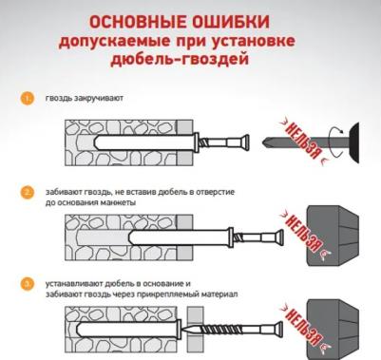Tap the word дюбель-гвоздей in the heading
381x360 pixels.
(x=180, y=59)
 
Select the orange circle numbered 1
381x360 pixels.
(x=28, y=98)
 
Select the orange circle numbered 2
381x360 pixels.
(x=28, y=193)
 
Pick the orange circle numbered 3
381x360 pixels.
(x=28, y=284)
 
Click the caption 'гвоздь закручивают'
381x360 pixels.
(x=85, y=98)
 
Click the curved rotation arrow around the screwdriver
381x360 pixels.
(x=335, y=142)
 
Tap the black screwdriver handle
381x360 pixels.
(x=354, y=142)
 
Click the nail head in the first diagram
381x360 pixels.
(x=245, y=142)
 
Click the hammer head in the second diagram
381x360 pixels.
(x=333, y=236)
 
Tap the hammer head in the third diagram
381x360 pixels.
(x=333, y=330)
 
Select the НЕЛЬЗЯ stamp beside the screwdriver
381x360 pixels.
(x=301, y=141)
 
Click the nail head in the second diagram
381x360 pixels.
(x=279, y=237)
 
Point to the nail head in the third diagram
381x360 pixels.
(x=278, y=330)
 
